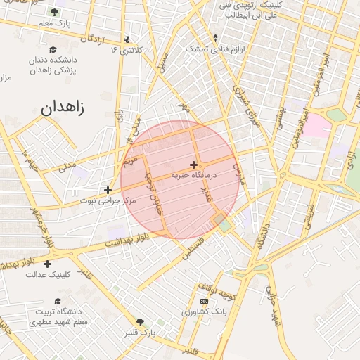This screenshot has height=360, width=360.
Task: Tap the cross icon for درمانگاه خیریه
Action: (193, 165)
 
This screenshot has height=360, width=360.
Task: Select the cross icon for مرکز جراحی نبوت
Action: (108, 190)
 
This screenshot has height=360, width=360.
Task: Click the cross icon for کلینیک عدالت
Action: (47, 264)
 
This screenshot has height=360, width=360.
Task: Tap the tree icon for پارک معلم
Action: (54, 11)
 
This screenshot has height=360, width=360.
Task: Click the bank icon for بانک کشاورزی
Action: (205, 301)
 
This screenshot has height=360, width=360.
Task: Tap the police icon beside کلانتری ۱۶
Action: (126, 39)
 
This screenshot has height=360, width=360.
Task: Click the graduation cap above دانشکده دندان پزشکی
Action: (53, 49)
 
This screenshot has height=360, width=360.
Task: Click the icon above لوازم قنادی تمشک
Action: (215, 38)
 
